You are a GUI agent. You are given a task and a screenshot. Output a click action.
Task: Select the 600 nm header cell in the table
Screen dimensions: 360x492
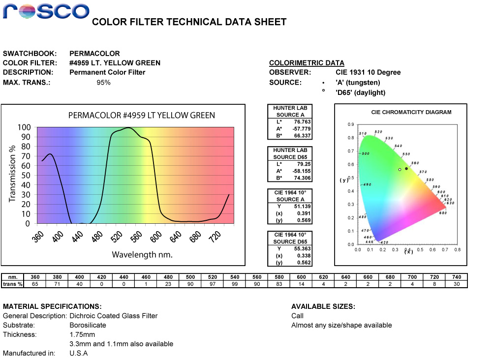tap(302, 277)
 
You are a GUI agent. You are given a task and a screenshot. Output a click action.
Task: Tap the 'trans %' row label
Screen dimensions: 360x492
tap(13, 284)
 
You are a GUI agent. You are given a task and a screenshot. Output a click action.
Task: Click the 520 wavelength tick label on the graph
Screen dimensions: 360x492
tap(116, 238)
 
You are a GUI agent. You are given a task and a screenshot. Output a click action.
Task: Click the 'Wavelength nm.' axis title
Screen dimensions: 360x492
tap(142, 255)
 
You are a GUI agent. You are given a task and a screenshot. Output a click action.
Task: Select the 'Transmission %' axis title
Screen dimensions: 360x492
tap(13, 173)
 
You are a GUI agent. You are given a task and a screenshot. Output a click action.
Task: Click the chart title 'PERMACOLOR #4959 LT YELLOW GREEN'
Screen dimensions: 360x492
tap(141, 116)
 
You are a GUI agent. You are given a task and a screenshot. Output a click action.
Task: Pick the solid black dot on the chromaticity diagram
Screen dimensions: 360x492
tap(406, 169)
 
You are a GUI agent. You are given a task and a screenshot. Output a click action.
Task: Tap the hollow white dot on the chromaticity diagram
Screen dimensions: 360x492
tap(400, 170)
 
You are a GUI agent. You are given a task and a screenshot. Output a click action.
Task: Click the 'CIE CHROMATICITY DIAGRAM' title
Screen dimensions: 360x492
tap(411, 112)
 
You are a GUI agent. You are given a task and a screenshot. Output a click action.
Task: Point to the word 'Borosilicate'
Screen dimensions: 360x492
tap(88, 325)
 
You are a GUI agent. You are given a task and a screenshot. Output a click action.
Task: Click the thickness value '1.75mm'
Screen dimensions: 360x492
tap(82, 334)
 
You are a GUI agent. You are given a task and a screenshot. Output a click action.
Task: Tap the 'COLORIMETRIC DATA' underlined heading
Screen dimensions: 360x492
tap(307, 63)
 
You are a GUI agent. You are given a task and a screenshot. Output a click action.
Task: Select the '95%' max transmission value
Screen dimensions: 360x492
tap(103, 82)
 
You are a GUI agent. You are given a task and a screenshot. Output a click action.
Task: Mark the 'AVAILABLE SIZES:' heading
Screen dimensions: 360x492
tap(323, 306)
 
